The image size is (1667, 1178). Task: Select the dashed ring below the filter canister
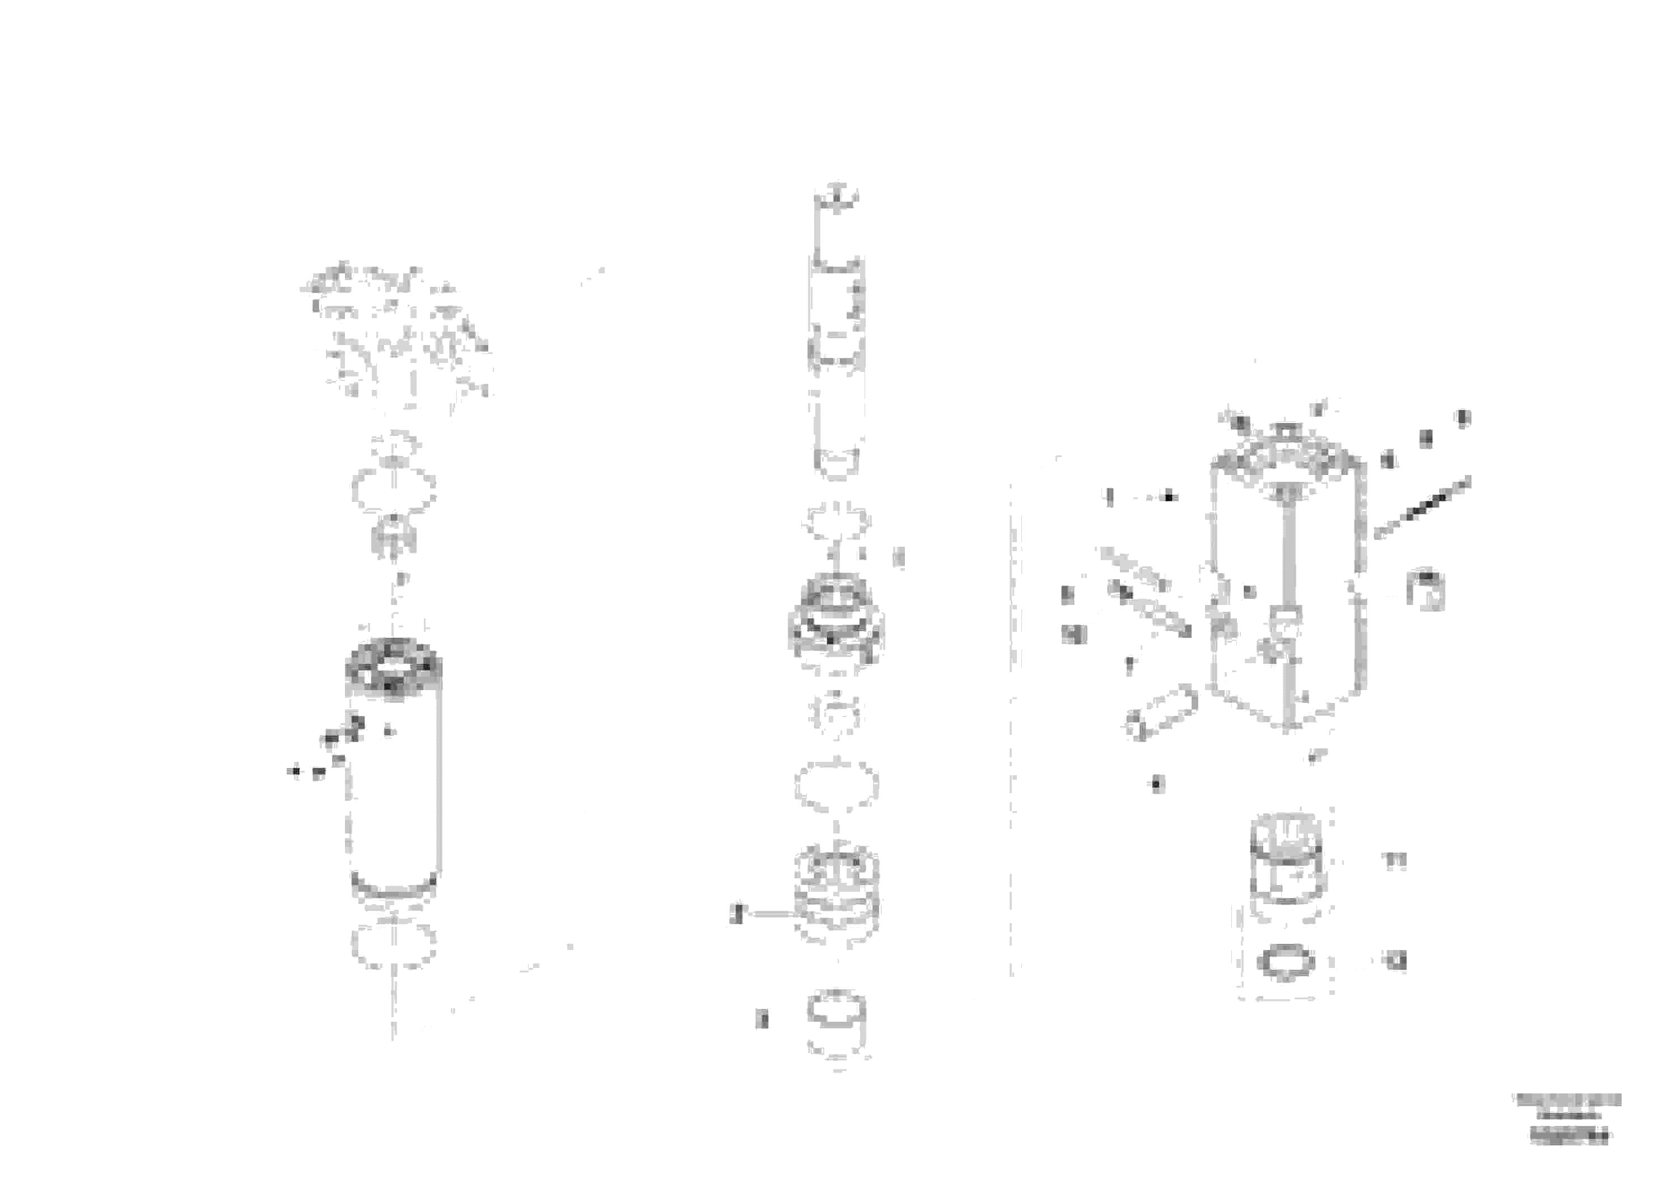click(394, 946)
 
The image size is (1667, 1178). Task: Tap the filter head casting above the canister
click(396, 334)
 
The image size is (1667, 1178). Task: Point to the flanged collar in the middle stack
click(837, 621)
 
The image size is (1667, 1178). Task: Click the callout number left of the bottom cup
click(762, 1019)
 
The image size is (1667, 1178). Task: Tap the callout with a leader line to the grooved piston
click(736, 914)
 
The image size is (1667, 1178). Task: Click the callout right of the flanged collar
click(899, 557)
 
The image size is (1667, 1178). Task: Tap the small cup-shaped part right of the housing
click(1425, 588)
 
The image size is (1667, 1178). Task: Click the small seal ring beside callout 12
click(1286, 964)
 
